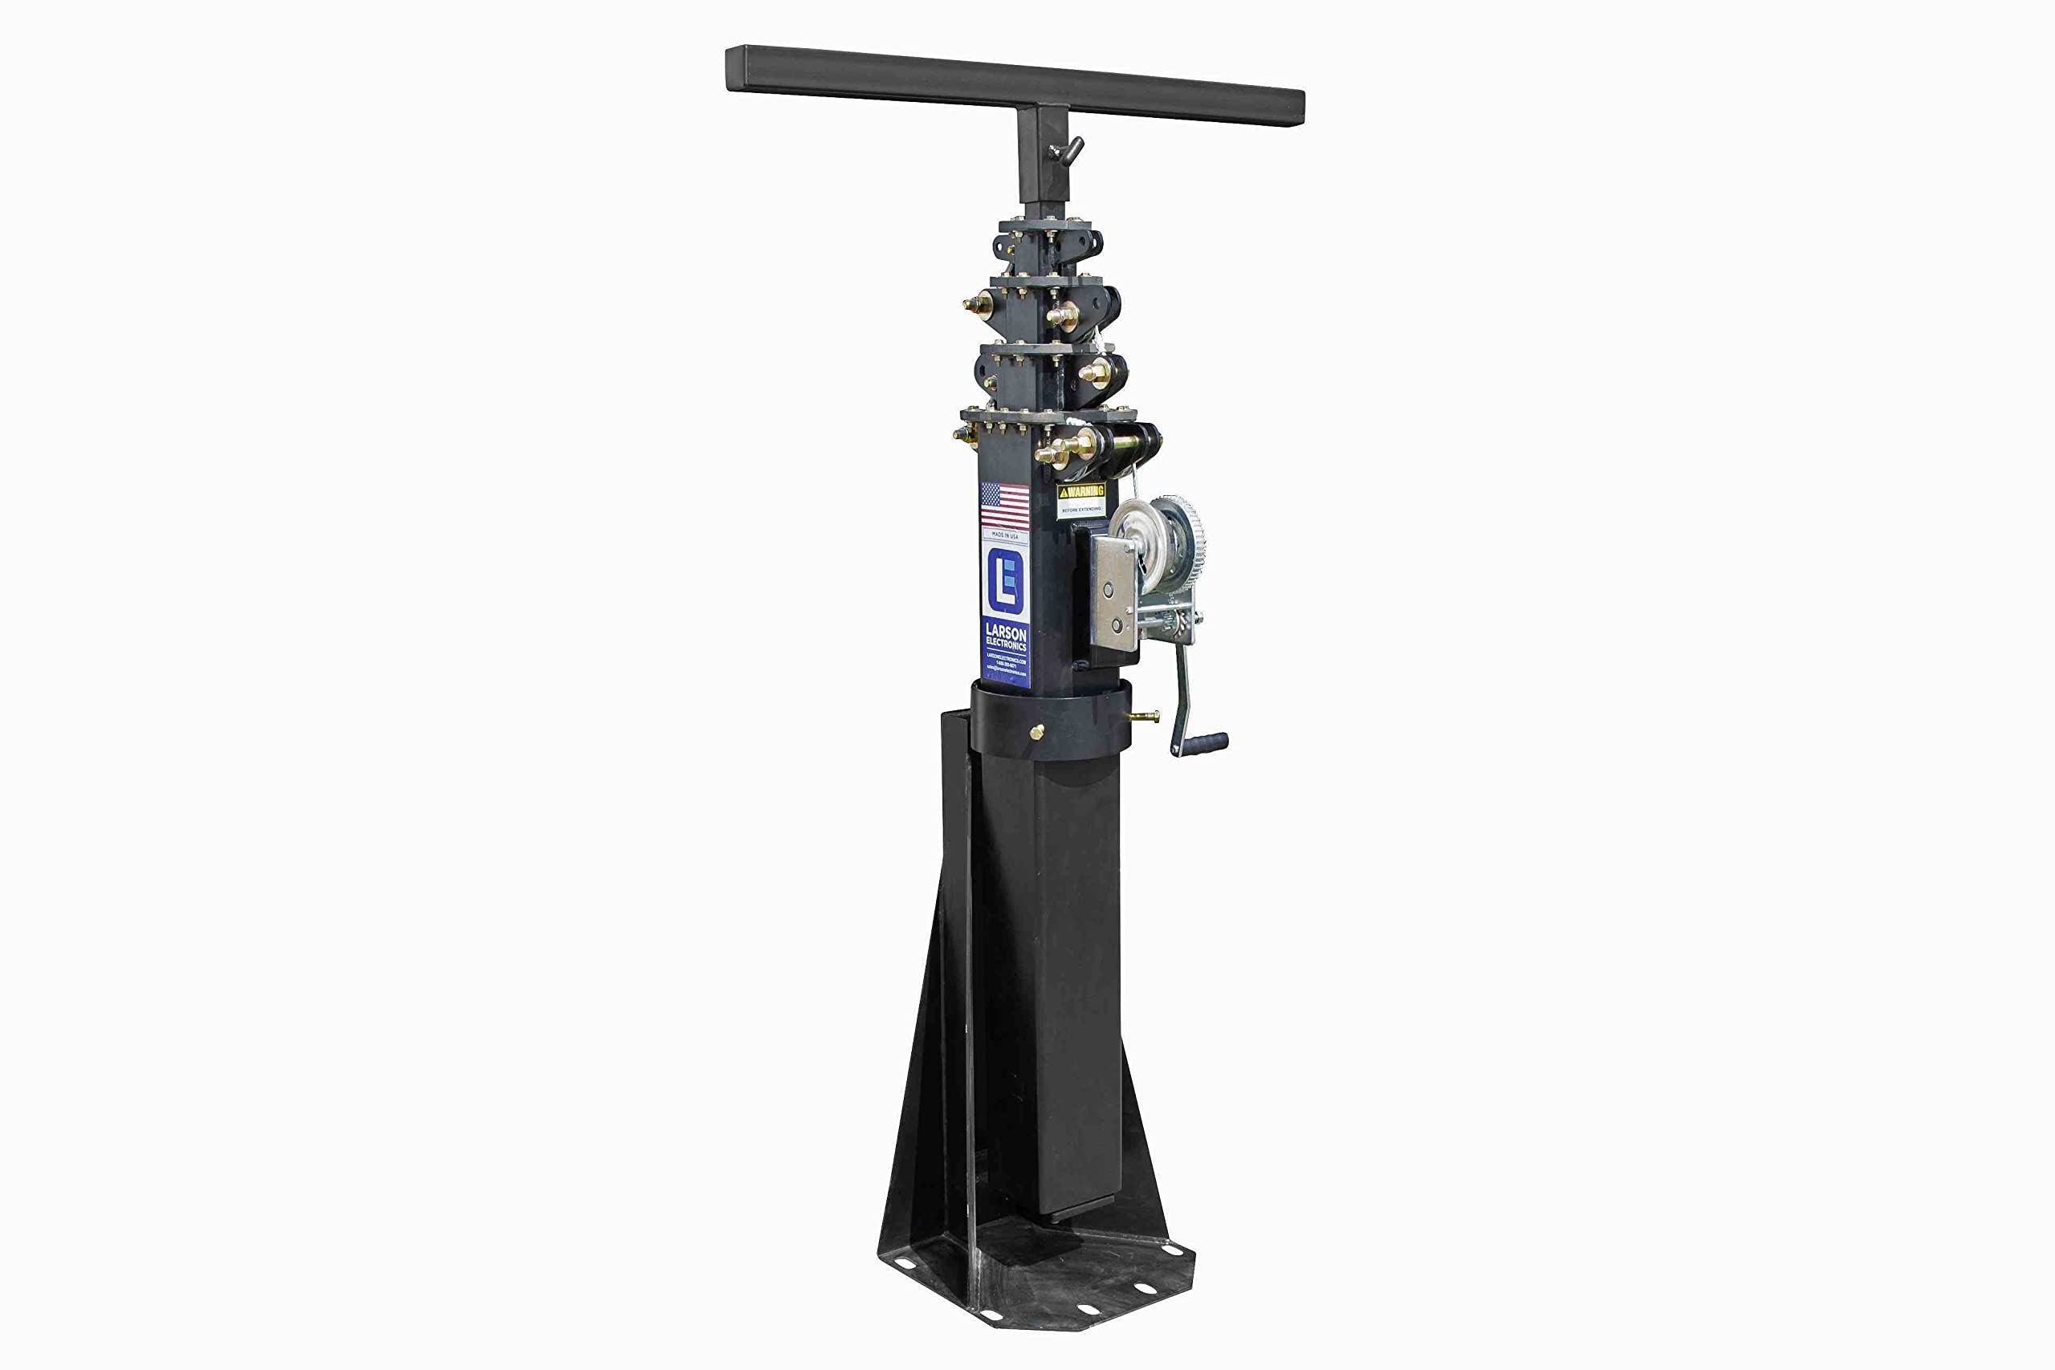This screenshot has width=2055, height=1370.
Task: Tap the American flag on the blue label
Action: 1005,506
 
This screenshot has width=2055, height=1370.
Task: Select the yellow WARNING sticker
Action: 1080,491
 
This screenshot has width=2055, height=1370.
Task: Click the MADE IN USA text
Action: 1005,535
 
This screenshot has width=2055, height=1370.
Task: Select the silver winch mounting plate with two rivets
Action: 1115,592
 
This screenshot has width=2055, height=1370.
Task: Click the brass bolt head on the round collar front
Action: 1036,730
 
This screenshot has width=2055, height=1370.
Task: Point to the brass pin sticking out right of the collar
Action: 1145,717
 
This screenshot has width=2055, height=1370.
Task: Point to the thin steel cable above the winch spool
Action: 1135,486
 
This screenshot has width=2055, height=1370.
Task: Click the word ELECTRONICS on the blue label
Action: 1006,644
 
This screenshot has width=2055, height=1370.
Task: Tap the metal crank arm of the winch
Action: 1182,690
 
